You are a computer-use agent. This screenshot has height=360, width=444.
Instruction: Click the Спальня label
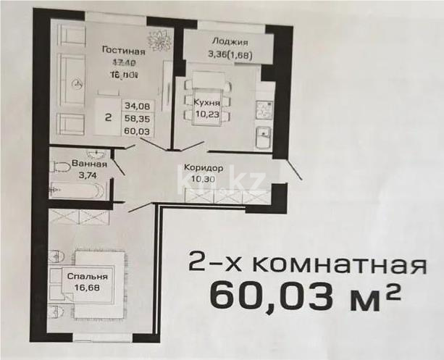coord(88,276)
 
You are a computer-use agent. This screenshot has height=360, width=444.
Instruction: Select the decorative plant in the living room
coord(158,41)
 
